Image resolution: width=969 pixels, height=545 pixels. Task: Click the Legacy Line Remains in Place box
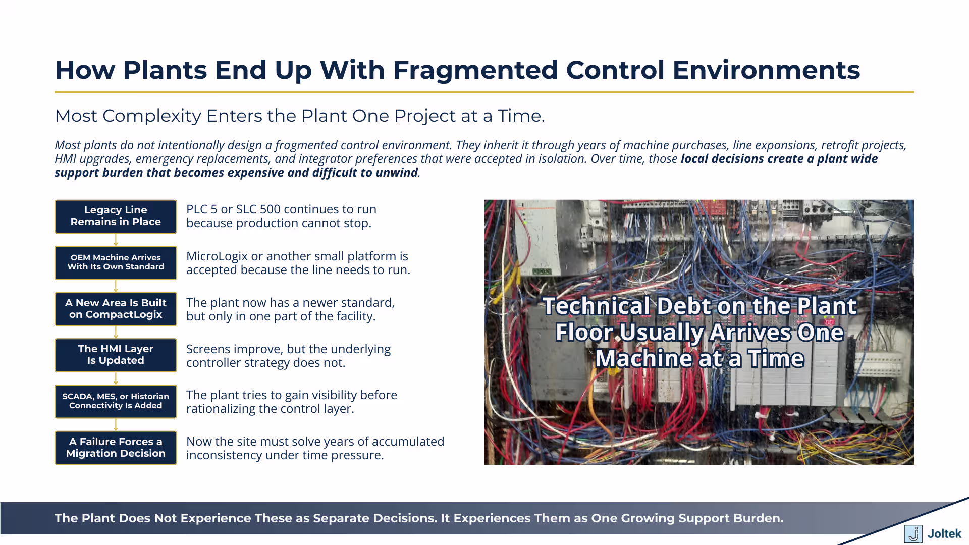(x=116, y=216)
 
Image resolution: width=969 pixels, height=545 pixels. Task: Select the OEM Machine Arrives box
(x=116, y=262)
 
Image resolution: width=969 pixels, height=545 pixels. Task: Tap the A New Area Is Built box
(x=116, y=309)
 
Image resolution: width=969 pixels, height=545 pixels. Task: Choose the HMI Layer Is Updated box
(x=116, y=355)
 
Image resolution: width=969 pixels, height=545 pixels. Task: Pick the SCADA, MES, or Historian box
(x=116, y=401)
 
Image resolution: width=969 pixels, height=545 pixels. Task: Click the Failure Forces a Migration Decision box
(x=116, y=448)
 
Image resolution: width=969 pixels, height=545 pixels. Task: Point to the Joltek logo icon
(x=913, y=533)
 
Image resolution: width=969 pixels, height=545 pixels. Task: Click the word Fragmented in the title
(x=475, y=70)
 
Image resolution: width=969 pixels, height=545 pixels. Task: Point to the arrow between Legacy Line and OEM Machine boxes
(x=116, y=240)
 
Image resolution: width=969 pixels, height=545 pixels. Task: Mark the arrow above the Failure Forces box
(x=116, y=424)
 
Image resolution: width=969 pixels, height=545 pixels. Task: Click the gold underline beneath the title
(x=484, y=92)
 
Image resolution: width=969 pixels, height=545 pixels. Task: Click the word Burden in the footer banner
(x=758, y=518)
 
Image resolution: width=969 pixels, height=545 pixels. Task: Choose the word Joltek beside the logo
(x=944, y=533)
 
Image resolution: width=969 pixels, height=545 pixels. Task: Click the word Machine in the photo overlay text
(x=643, y=359)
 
